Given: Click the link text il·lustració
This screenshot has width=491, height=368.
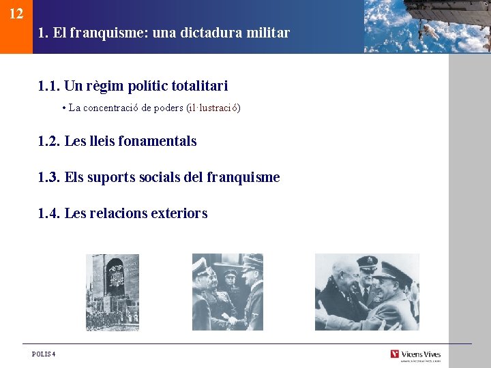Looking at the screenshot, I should click(213, 108).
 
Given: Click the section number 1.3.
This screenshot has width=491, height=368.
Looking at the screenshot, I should click(49, 177).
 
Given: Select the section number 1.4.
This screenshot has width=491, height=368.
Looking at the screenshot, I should click(49, 213).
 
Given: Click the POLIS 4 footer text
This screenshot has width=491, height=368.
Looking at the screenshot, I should click(44, 354).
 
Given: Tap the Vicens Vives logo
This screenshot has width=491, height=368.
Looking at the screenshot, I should click(415, 354).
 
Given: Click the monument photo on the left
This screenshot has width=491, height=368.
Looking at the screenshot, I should click(113, 292).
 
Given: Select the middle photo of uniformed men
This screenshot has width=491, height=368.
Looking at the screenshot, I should click(227, 292).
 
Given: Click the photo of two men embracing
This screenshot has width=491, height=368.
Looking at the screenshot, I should click(367, 292).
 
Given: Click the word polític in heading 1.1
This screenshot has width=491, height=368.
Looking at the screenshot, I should click(139, 86).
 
